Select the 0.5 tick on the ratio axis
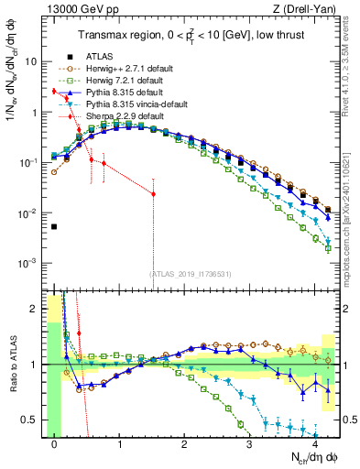click(31, 420)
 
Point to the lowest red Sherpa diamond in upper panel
click(153, 194)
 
